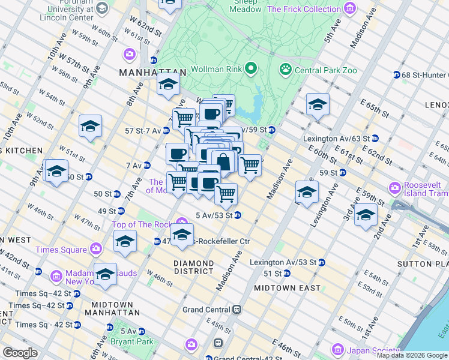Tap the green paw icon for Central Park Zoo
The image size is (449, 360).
point(285,70)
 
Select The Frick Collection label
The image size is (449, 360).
point(304,9)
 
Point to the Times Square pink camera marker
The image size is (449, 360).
point(96,249)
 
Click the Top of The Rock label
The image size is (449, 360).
point(142,224)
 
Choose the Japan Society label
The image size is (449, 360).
point(368,349)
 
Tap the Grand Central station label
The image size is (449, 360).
point(206,310)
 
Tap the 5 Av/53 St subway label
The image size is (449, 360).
point(214,215)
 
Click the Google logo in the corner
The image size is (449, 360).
point(20,352)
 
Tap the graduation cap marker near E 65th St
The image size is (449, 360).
point(318,105)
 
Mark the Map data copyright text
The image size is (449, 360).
point(412,355)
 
